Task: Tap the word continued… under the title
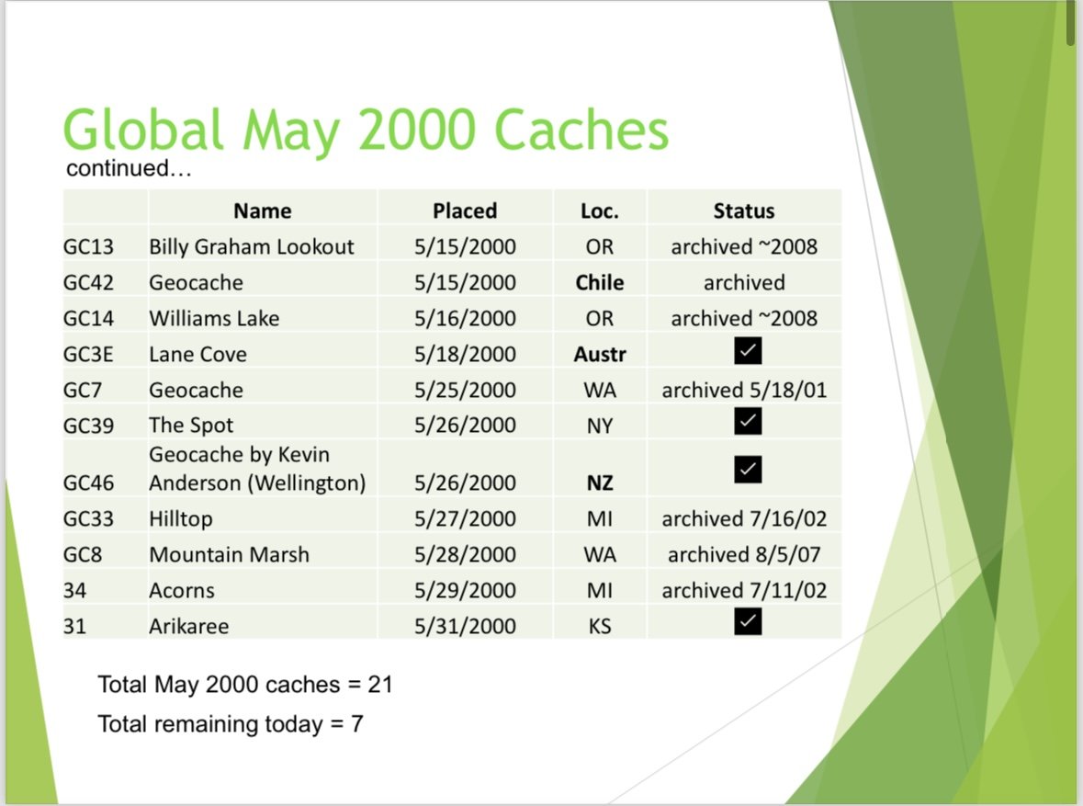click(x=129, y=169)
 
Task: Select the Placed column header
click(x=465, y=210)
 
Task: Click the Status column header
click(x=743, y=210)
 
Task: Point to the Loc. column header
click(x=600, y=210)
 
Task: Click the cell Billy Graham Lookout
click(x=251, y=246)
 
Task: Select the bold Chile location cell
click(x=600, y=282)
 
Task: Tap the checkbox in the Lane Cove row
click(x=748, y=351)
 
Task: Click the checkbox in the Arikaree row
click(x=748, y=623)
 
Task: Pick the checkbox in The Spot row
click(x=748, y=422)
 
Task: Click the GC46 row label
click(x=88, y=482)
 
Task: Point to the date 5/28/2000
click(x=465, y=554)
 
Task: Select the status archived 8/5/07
click(x=743, y=554)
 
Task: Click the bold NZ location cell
click(x=600, y=482)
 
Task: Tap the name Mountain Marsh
click(x=229, y=554)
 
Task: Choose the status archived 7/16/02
click(x=743, y=518)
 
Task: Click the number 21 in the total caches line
click(x=380, y=684)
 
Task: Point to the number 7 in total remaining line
click(x=356, y=723)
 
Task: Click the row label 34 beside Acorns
click(x=74, y=590)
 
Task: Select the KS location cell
click(x=600, y=626)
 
